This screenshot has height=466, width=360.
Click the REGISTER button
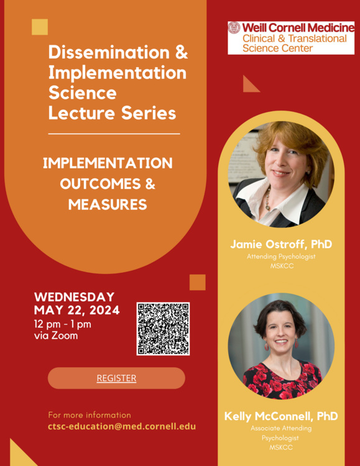click(x=116, y=378)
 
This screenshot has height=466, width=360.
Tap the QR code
click(x=163, y=329)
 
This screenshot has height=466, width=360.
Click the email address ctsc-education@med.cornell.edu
click(x=122, y=426)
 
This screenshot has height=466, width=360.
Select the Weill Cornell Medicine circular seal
click(x=234, y=27)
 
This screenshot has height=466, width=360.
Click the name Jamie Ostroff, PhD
click(x=281, y=244)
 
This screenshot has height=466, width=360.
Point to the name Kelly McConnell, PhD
click(x=281, y=416)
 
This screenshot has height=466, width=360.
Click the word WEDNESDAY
click(x=75, y=297)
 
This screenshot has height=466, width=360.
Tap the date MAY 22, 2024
click(x=76, y=310)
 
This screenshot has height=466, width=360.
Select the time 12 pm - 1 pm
click(x=63, y=324)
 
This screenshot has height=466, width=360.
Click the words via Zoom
click(x=56, y=336)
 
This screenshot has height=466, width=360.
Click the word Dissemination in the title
click(x=109, y=52)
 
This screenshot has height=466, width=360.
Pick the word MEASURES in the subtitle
click(x=108, y=204)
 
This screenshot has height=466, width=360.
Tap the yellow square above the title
click(x=40, y=27)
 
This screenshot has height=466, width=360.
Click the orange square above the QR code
click(x=198, y=282)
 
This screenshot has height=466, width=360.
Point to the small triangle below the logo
click(x=249, y=86)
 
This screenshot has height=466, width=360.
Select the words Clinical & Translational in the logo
click(x=295, y=39)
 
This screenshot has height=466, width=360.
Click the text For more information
click(x=90, y=415)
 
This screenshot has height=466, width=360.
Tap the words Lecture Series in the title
click(x=112, y=113)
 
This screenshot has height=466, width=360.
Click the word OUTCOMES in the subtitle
click(x=100, y=184)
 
